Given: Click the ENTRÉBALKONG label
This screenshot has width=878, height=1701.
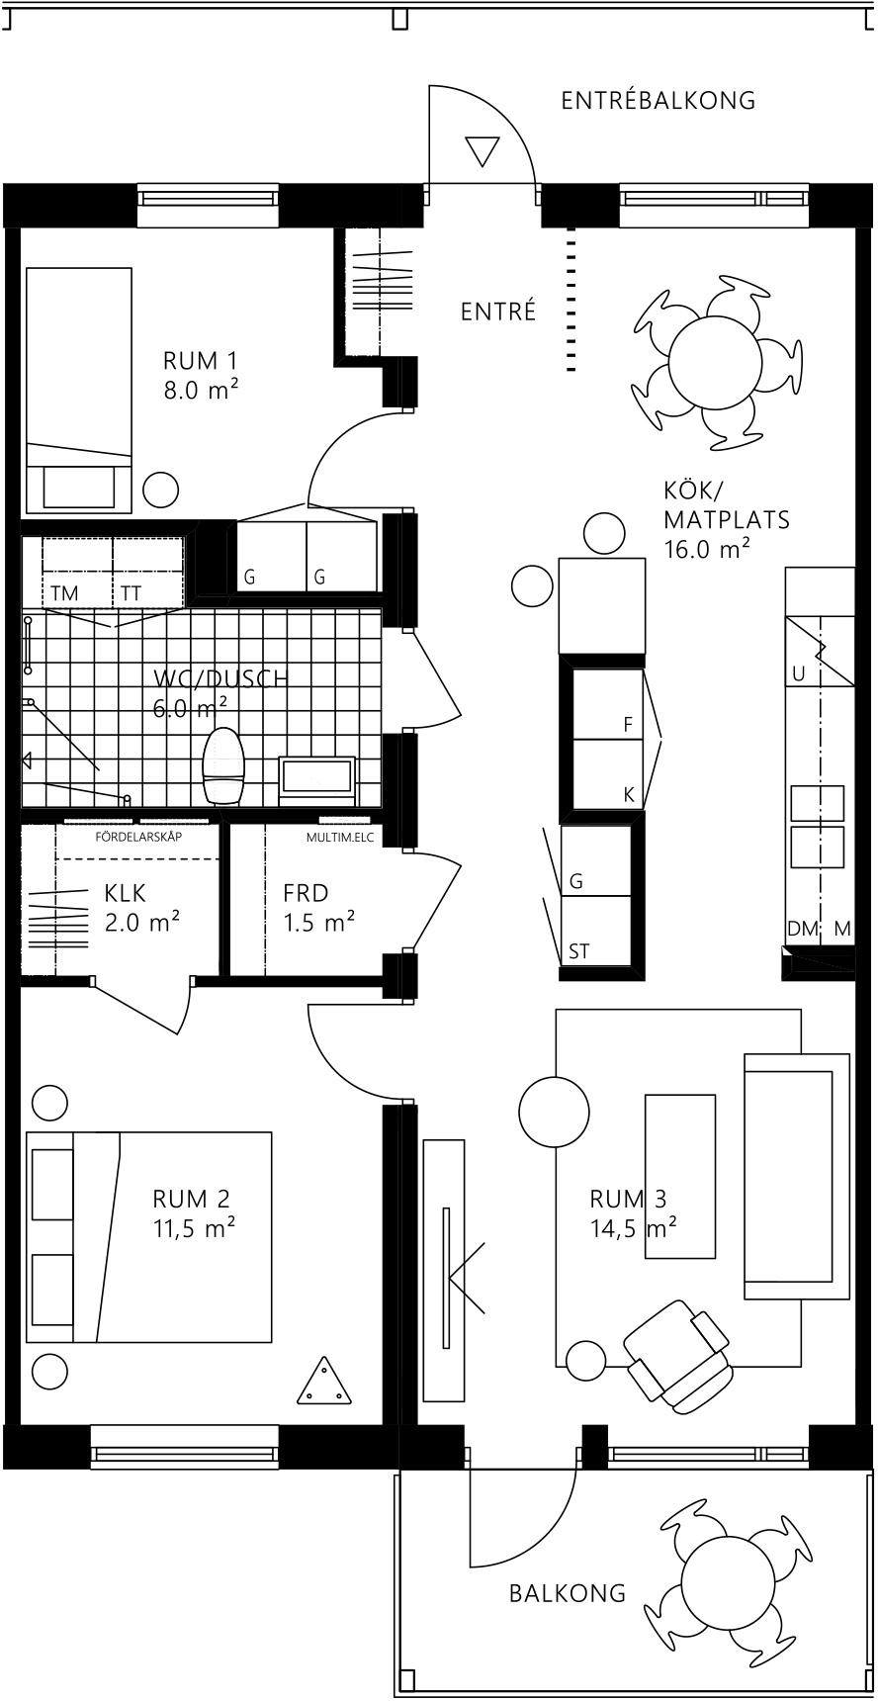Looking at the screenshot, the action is [658, 100].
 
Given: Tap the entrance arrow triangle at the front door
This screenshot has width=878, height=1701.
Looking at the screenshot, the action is [483, 150].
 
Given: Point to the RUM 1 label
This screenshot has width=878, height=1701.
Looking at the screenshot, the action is [201, 375].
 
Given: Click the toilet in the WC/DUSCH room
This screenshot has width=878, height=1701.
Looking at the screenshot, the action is [222, 765].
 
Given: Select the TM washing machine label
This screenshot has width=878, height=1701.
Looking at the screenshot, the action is [64, 593].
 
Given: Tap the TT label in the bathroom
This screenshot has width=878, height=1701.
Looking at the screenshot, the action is [132, 593].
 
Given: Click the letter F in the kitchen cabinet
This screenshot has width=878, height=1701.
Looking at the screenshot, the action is [627, 725].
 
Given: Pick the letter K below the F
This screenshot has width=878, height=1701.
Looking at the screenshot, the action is [628, 794].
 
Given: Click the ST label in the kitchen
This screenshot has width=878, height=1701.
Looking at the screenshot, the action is [579, 951].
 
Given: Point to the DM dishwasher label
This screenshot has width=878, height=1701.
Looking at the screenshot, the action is [803, 929].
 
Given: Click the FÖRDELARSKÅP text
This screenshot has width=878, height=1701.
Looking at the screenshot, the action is [138, 837].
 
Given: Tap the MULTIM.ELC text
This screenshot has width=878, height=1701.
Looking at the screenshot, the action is [336, 837].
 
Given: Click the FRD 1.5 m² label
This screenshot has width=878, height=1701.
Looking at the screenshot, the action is [318, 908].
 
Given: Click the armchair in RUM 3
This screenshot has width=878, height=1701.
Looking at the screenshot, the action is [678, 1354].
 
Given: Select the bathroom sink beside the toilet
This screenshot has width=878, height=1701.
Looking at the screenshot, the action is [317, 775].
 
